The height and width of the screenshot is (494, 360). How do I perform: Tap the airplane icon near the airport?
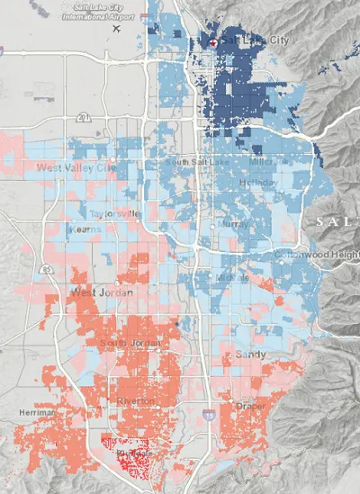tap(115, 28)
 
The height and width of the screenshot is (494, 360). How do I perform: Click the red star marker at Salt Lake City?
tap(211, 42)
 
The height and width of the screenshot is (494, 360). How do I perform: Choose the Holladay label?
tap(259, 183)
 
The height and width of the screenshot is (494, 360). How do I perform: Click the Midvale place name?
tap(226, 278)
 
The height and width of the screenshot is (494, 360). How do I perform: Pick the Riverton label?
tap(135, 400)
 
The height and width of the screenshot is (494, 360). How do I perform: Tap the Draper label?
tap(251, 407)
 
